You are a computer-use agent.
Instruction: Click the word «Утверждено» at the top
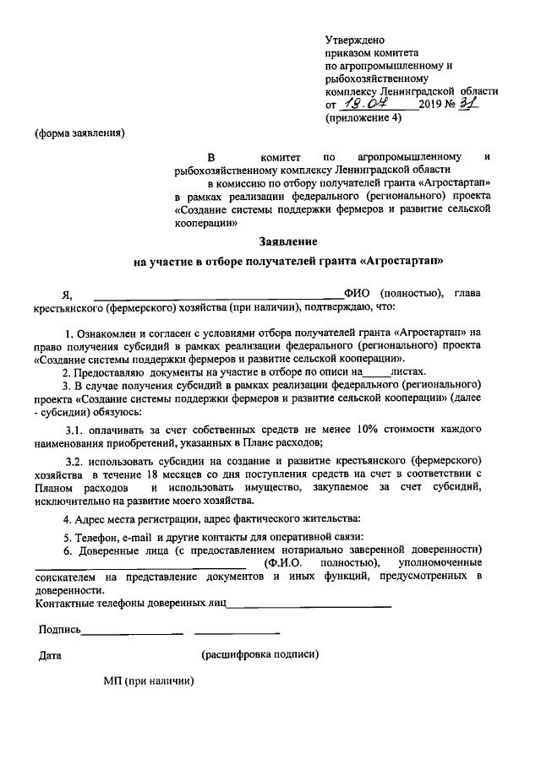tap(355, 40)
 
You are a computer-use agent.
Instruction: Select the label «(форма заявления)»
tap(79, 133)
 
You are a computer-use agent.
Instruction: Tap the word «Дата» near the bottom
tap(52, 654)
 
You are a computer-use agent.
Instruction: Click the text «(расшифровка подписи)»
tap(260, 654)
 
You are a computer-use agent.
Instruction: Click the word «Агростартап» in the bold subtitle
tap(406, 262)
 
